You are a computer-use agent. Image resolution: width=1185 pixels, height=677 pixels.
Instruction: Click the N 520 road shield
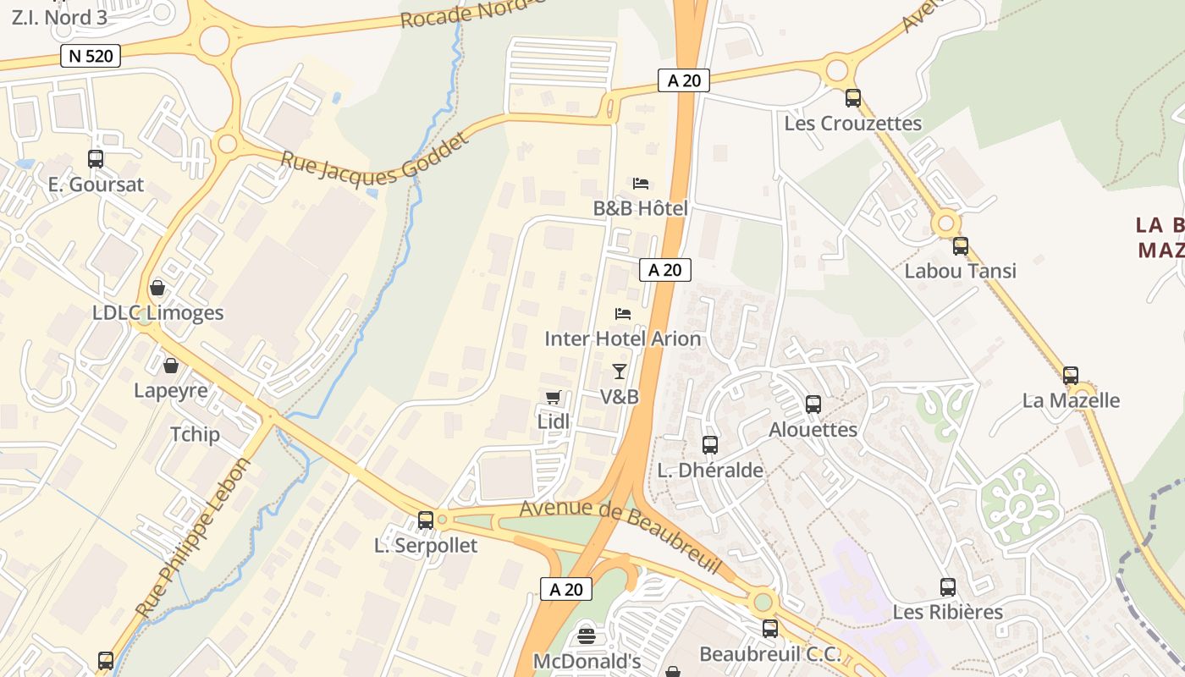click(x=91, y=57)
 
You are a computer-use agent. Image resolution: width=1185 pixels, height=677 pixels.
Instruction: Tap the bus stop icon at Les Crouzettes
click(x=852, y=98)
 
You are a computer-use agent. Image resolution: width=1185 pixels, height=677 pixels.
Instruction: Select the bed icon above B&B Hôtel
click(x=641, y=183)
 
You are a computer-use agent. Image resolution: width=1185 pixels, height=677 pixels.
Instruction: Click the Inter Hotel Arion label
click(x=622, y=338)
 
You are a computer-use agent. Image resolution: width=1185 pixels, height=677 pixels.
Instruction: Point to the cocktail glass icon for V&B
click(x=620, y=371)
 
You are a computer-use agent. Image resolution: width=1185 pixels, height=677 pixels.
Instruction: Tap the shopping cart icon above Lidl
click(x=554, y=397)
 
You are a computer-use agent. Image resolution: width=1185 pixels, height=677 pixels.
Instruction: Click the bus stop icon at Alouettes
click(x=813, y=404)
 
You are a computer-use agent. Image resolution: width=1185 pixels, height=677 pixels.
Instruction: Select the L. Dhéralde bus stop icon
click(x=710, y=444)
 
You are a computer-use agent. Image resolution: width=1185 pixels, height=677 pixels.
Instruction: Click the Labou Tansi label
click(x=960, y=271)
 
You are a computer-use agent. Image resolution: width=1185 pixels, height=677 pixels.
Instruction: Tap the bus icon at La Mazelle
click(x=1071, y=375)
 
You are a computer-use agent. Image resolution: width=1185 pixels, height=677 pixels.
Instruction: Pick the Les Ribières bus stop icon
click(x=948, y=586)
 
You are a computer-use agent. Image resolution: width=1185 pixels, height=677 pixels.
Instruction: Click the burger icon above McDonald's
click(x=586, y=636)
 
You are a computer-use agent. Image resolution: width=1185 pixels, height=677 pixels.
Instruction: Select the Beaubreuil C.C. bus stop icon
click(x=769, y=629)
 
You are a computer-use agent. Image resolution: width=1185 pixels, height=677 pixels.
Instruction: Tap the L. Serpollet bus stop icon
click(x=426, y=520)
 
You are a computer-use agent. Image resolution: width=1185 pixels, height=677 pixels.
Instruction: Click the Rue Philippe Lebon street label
click(x=194, y=538)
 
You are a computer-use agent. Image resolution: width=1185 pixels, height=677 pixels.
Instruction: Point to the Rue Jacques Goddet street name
click(x=373, y=158)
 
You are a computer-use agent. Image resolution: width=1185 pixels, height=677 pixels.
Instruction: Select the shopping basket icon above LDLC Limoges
click(x=157, y=288)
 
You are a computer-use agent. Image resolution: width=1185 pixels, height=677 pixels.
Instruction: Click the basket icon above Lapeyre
click(x=171, y=366)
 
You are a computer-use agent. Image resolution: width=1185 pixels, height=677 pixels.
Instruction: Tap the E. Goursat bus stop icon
click(x=96, y=158)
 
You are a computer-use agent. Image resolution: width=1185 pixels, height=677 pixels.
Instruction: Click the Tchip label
click(x=195, y=434)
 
